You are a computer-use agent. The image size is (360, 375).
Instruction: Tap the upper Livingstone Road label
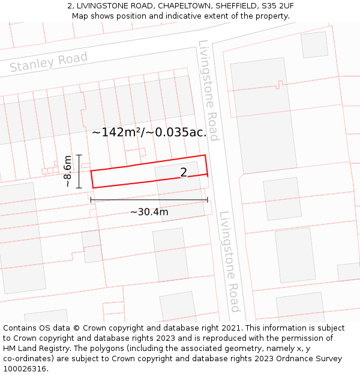coord(208,90)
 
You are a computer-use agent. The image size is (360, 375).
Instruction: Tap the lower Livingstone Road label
coord(229,261)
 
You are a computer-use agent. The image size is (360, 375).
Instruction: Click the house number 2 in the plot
coord(184,173)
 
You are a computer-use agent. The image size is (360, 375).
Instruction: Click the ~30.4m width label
coord(149,212)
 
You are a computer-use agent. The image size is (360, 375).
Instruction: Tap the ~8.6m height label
coord(68,171)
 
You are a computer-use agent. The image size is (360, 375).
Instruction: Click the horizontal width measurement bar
coord(149,200)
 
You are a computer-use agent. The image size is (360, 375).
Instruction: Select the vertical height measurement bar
coord(79,171)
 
